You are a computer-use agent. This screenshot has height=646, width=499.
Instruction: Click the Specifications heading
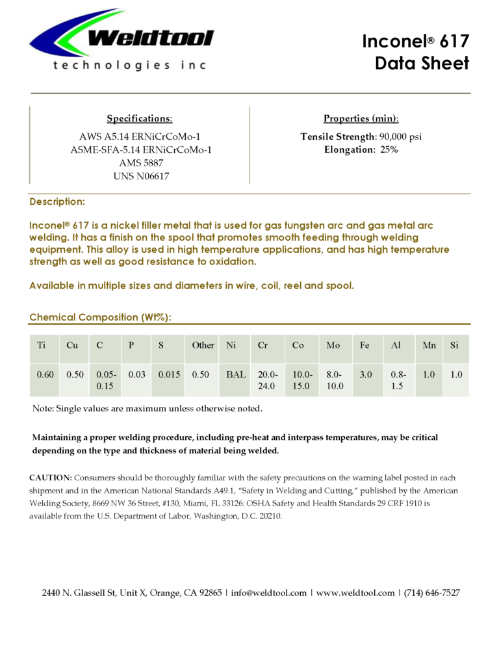pyautogui.click(x=140, y=118)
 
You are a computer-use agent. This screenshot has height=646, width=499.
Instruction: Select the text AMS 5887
pyautogui.click(x=140, y=163)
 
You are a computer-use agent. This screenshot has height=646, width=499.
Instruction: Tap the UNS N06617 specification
pyautogui.click(x=140, y=176)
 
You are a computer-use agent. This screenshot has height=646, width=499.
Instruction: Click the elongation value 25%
pyautogui.click(x=389, y=149)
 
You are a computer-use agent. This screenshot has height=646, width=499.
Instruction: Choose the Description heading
pyautogui.click(x=57, y=202)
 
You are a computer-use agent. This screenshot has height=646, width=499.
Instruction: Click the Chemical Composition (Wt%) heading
pyautogui.click(x=101, y=317)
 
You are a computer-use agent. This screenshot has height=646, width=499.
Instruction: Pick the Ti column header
pyautogui.click(x=42, y=345)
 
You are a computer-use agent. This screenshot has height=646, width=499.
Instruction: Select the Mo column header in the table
pyautogui.click(x=333, y=345)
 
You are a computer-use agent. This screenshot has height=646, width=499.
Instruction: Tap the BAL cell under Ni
pyautogui.click(x=236, y=375)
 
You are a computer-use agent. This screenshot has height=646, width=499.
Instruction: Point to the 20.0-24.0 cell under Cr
pyautogui.click(x=267, y=380)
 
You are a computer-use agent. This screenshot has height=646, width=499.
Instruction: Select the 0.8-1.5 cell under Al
pyautogui.click(x=398, y=380)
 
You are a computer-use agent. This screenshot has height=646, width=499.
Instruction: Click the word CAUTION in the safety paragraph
pyautogui.click(x=49, y=478)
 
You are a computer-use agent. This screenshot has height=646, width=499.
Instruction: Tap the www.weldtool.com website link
pyautogui.click(x=355, y=593)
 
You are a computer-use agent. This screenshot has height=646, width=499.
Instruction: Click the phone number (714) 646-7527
pyautogui.click(x=432, y=593)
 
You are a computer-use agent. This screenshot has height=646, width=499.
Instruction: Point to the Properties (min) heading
pyautogui.click(x=361, y=118)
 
